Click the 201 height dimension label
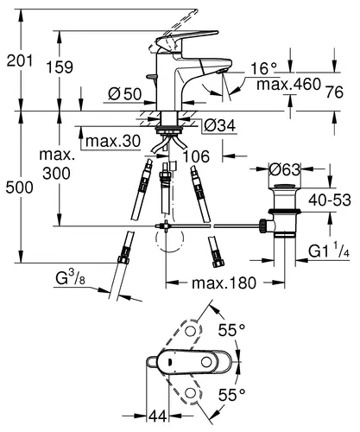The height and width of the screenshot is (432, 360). (20, 61)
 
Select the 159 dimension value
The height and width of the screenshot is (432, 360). (60, 67)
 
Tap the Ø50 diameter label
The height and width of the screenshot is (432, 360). (125, 93)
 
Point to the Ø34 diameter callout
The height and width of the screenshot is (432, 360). (220, 125)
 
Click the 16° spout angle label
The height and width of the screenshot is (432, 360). (263, 68)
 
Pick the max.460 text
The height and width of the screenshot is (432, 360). (288, 85)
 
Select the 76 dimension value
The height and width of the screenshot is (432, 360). (335, 92)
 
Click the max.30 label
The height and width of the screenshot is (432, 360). (113, 141)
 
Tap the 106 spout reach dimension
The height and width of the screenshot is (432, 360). (196, 156)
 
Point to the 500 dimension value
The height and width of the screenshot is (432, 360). (20, 187)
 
